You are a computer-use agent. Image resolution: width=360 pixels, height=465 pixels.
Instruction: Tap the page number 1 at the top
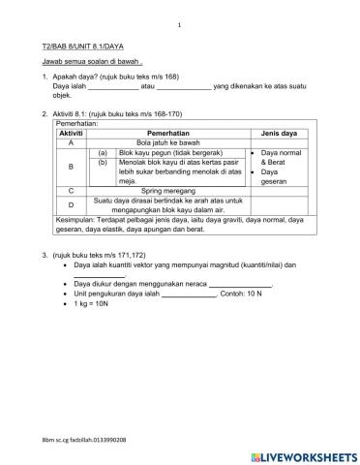(x=180, y=25)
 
